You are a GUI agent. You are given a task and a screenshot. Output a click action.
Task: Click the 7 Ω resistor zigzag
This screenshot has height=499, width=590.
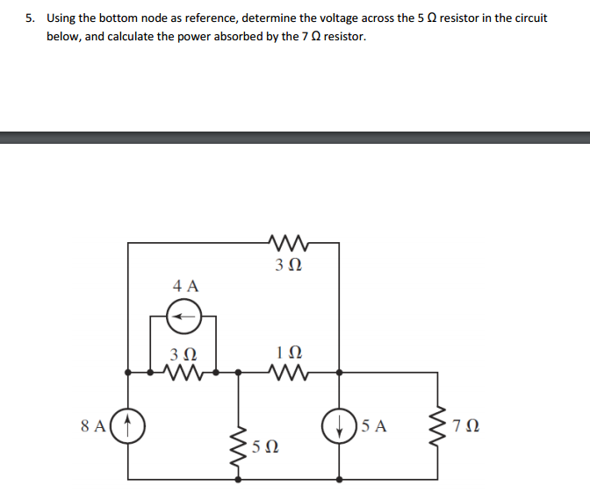[438, 426]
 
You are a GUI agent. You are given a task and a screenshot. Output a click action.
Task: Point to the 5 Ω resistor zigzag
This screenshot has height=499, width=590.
[239, 447]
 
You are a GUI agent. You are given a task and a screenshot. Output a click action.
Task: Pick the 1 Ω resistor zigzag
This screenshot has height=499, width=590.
[289, 372]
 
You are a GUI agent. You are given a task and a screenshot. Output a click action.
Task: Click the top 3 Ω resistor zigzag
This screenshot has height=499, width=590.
[289, 243]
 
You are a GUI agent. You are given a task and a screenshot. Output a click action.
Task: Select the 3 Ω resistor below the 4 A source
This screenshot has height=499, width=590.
[183, 372]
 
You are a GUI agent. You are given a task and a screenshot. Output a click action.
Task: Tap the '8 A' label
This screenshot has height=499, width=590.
[93, 425]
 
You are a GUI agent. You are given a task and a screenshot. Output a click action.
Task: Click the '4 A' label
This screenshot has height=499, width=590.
[185, 286]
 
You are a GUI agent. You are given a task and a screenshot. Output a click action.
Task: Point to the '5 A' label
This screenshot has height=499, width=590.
[374, 425]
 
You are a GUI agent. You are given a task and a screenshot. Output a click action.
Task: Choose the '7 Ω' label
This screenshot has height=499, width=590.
[466, 425]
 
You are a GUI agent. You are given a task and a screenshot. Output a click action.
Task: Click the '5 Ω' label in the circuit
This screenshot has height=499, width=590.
[265, 446]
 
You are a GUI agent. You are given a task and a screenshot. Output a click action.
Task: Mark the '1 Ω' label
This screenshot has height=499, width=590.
[289, 353]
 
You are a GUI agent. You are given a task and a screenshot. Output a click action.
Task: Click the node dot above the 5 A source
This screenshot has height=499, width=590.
[339, 373]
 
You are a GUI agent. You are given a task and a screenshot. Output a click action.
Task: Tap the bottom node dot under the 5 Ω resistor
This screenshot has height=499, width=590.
[238, 480]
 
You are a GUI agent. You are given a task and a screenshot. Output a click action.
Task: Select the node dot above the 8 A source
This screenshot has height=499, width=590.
[127, 373]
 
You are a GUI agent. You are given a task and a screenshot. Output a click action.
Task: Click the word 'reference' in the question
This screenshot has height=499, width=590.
[211, 18]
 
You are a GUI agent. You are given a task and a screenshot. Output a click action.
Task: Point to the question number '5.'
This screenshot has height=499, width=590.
[30, 18]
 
